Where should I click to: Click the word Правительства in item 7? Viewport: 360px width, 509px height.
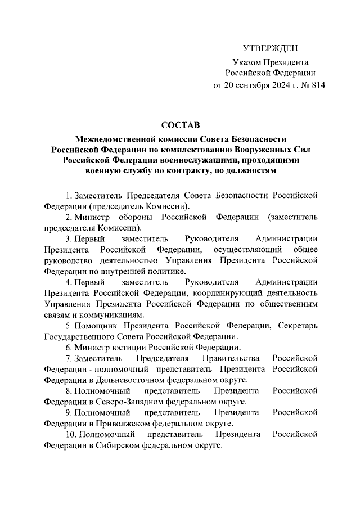coord(227,358)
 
